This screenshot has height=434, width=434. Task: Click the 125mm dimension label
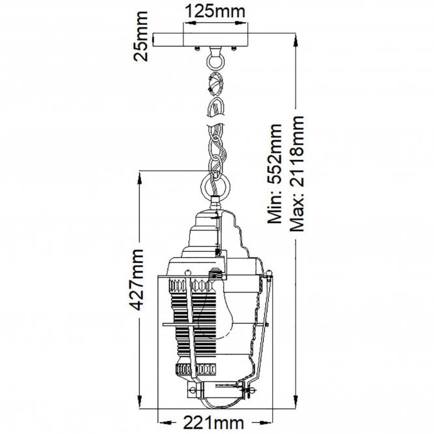(215, 12)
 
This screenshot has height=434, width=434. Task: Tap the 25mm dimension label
(140, 37)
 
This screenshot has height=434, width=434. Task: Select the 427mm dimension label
(137, 279)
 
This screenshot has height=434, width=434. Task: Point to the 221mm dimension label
(213, 423)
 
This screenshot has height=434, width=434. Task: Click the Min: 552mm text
(274, 174)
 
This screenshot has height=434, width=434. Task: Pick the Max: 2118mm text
(297, 174)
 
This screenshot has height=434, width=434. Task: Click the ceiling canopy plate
(200, 40)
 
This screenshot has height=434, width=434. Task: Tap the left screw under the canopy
(197, 48)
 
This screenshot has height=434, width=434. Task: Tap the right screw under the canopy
(234, 48)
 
